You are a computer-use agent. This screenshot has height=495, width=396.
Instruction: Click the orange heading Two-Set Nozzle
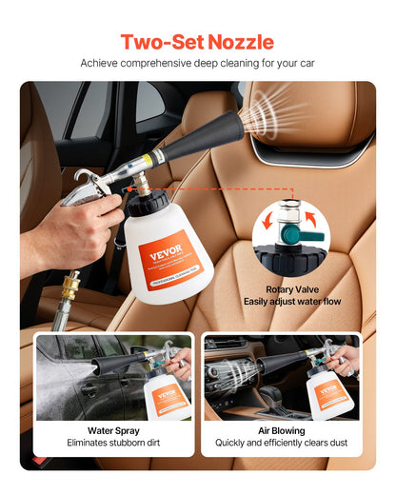pyautogui.click(x=197, y=42)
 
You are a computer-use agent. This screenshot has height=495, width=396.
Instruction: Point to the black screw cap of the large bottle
pyautogui.click(x=153, y=201)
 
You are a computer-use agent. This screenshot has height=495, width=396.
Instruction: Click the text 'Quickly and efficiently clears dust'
pyautogui.click(x=281, y=443)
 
